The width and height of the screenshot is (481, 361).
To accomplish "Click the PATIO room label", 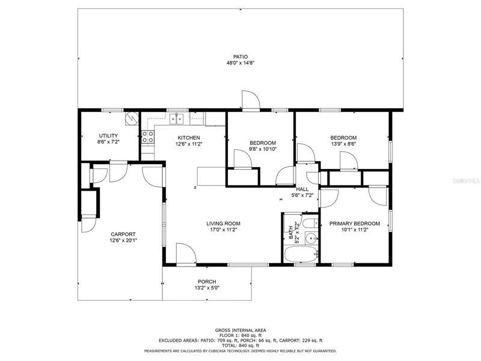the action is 240,57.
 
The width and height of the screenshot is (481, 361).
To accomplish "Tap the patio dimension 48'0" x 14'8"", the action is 240,63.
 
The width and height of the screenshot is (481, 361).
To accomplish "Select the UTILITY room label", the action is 108,136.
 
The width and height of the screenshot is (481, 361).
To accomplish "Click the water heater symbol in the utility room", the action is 132,119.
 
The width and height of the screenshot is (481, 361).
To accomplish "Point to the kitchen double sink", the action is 176,119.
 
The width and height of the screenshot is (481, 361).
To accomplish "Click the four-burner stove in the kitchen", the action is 148,137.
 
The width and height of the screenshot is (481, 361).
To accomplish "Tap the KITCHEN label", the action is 189,138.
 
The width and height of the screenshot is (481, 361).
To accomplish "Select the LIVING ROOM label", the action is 223,223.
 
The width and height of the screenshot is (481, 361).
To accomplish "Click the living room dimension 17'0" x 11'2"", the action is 223,229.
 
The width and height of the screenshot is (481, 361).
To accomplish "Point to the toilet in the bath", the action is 310,223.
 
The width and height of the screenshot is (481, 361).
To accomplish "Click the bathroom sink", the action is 311,238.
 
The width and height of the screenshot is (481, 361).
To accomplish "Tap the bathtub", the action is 301,255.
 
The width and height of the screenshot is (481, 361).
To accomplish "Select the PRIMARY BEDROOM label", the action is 355,223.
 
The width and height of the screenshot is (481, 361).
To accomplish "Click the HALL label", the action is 302,189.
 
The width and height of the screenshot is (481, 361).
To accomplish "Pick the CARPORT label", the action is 123,234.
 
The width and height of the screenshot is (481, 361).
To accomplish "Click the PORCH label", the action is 207,282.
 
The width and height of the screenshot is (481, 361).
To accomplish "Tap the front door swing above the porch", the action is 186,253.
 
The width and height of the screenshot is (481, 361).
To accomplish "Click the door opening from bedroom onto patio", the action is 251,100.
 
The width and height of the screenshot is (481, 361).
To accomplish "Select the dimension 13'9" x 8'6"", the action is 343,144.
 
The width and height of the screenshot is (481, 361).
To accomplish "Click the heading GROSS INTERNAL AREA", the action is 240,330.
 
